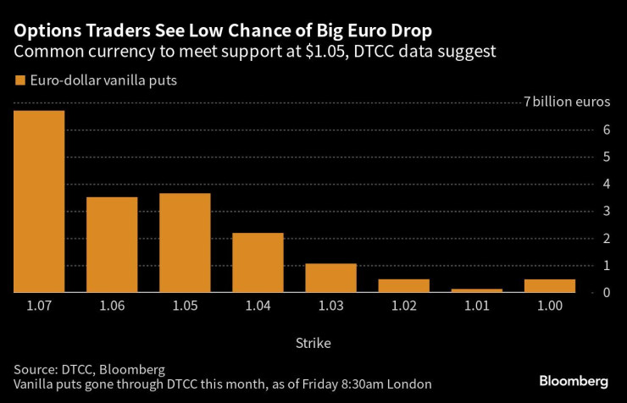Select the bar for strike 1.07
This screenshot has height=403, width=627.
(x=39, y=201)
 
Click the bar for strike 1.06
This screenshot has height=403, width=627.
(x=112, y=245)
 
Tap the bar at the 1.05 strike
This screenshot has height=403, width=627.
(x=185, y=243)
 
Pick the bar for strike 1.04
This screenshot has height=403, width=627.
(x=258, y=262)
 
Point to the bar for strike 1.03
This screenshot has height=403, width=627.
(x=330, y=278)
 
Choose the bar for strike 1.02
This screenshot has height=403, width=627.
(x=403, y=285)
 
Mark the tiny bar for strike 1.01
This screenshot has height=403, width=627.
(x=476, y=290)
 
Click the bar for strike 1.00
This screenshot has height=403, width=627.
(x=549, y=285)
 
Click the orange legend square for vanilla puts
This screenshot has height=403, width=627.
(x=19, y=82)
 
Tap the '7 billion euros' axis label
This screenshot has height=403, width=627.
(x=566, y=102)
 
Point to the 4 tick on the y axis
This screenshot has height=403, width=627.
(x=607, y=184)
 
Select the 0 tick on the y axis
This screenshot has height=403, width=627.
(x=607, y=292)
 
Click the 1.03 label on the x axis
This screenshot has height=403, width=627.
(x=330, y=306)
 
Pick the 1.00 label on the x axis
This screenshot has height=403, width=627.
(x=549, y=306)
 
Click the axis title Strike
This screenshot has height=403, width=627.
(x=313, y=344)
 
